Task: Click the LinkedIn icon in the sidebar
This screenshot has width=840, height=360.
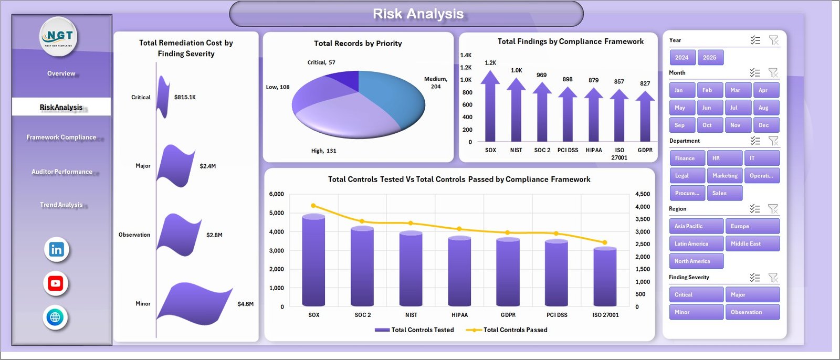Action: click(x=56, y=250)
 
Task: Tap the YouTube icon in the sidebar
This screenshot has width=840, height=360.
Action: click(x=56, y=284)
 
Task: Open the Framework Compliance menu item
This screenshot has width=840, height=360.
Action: click(x=61, y=137)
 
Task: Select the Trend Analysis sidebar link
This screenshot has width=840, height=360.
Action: click(x=61, y=205)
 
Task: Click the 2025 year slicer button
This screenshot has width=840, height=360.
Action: click(x=710, y=58)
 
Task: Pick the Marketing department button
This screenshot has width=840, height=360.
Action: click(x=724, y=176)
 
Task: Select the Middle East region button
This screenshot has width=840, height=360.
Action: click(x=752, y=243)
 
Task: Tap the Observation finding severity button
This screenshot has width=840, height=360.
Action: click(x=752, y=312)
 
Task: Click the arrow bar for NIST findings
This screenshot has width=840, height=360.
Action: click(x=516, y=110)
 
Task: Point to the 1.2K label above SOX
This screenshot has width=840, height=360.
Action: click(x=490, y=63)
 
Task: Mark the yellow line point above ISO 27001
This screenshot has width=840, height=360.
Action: click(x=605, y=242)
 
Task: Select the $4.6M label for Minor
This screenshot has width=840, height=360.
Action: click(x=245, y=304)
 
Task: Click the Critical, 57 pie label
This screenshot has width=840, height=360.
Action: click(x=321, y=62)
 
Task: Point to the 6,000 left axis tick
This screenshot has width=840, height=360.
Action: click(x=276, y=194)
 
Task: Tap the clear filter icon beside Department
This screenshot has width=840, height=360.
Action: click(x=773, y=141)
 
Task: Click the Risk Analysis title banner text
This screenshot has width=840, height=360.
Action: click(x=418, y=14)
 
